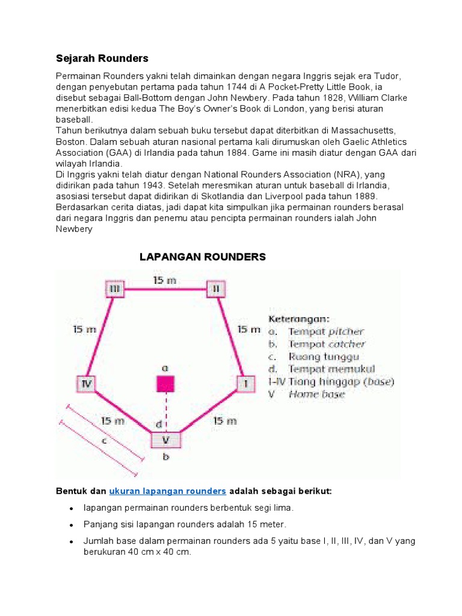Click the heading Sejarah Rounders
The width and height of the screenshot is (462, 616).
coord(102,58)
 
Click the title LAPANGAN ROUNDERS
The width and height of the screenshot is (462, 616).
coord(202,257)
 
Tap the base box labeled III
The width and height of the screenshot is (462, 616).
coord(114,289)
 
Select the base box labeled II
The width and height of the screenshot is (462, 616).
coord(216,289)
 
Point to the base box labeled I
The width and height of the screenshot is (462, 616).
coord(245,383)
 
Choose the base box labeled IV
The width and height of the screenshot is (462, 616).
coord(85,383)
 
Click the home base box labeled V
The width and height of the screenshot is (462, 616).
coord(165,440)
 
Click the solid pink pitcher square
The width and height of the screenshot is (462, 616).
coord(165,384)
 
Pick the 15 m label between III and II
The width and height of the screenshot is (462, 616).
coord(165,280)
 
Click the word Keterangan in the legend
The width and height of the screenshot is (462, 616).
coord(298,318)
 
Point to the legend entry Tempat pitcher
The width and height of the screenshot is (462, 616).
coord(325,331)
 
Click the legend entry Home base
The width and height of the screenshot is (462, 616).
coord(316,395)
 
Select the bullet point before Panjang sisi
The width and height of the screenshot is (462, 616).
coord(72,525)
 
